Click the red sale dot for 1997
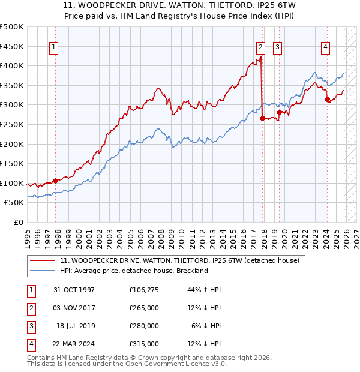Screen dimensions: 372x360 point(56,180)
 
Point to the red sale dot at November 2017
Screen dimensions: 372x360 point(262,118)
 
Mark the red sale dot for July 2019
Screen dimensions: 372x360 point(279,112)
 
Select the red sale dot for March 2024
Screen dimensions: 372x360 point(327,99)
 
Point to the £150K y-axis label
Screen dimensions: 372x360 point(12,163)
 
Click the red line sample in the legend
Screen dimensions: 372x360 point(43,261)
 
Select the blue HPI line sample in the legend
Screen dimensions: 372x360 point(43,271)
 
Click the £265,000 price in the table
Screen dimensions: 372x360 point(144,308)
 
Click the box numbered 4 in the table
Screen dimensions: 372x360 point(30,344)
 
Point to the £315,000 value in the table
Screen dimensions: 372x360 point(144,344)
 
